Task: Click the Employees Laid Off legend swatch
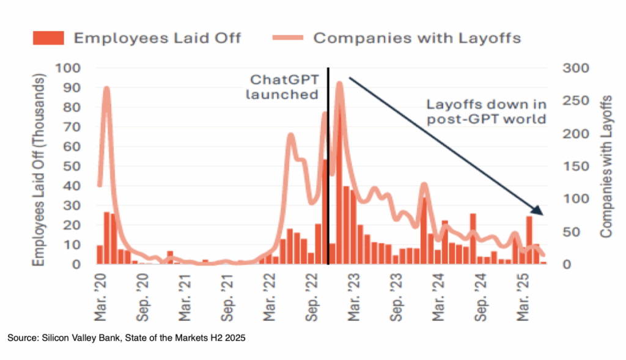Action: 48,38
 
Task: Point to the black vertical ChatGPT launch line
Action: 328,183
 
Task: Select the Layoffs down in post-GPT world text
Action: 486,111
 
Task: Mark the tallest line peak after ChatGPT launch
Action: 339,84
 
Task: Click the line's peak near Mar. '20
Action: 106,89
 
